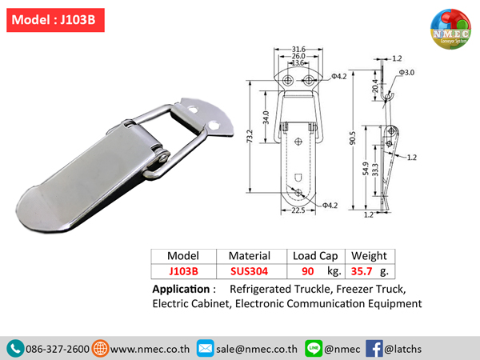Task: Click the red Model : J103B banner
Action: [x=55, y=20]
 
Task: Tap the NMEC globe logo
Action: [x=450, y=29]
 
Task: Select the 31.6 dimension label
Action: [x=298, y=49]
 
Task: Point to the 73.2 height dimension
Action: [x=250, y=136]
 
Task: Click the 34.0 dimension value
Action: [x=266, y=118]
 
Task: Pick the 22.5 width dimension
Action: [x=298, y=210]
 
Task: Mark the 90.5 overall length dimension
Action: [x=353, y=138]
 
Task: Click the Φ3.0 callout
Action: [x=406, y=73]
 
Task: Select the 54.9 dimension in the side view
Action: [x=366, y=169]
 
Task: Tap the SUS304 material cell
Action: [x=249, y=271]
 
